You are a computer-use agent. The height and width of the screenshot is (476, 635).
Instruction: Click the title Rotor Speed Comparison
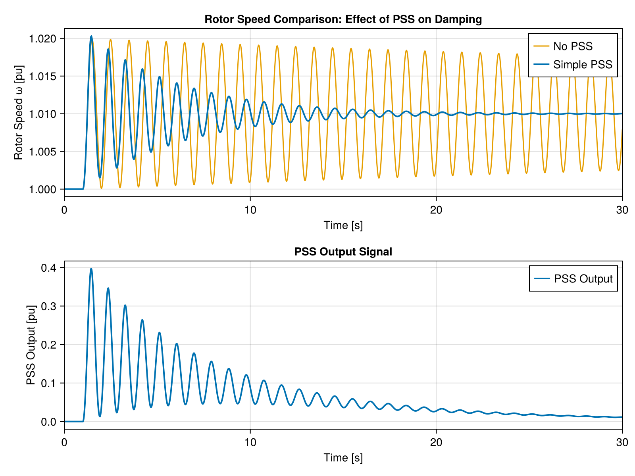click(343, 19)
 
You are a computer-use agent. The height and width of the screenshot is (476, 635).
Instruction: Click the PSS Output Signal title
click(343, 251)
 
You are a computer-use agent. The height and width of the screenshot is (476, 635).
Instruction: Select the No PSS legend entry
click(572, 46)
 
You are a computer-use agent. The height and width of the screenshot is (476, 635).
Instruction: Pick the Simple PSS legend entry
click(582, 64)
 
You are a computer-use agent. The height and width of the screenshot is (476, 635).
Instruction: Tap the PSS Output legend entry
click(583, 279)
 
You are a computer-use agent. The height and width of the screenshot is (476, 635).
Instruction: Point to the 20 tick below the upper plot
click(436, 210)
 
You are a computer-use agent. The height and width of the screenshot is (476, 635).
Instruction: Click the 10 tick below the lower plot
click(250, 442)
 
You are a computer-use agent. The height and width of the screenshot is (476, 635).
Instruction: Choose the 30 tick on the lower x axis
click(622, 442)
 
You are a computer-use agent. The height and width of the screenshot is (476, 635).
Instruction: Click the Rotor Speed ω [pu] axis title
click(19, 113)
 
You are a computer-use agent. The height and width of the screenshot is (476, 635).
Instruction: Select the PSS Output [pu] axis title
click(31, 345)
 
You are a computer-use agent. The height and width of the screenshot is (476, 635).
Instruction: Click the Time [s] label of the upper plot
click(343, 225)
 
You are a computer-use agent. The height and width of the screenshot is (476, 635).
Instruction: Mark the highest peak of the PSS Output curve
click(91, 269)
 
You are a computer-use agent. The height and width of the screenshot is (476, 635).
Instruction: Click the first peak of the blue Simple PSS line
click(91, 36)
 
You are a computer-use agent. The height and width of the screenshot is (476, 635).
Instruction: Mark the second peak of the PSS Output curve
click(108, 288)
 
